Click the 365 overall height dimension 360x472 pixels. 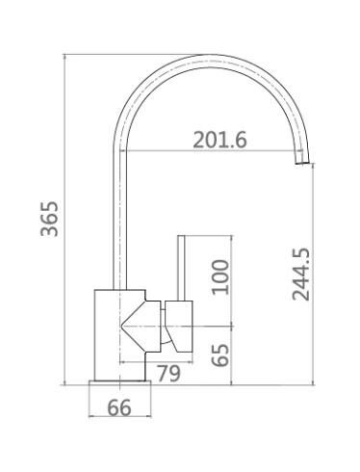click(50, 219)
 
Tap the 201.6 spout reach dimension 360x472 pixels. click(220, 140)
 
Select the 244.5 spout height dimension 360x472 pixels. click(301, 275)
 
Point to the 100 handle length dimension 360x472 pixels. click(220, 277)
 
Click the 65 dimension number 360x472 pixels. click(220, 355)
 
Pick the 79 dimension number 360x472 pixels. click(168, 373)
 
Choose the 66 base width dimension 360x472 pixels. click(119, 407)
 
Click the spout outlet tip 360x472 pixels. click(302, 163)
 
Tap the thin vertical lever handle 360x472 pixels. click(181, 268)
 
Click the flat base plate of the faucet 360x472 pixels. click(119, 382)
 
